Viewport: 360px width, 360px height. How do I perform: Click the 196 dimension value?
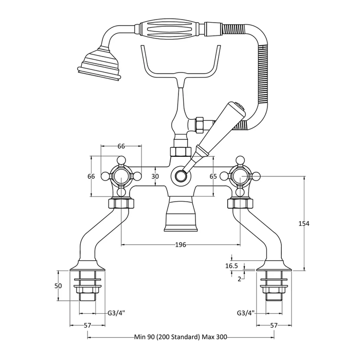(x=179, y=245)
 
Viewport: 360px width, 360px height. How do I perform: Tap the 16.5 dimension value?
(x=231, y=266)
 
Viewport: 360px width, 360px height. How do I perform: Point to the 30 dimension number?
(x=155, y=176)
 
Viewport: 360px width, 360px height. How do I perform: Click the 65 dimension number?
(x=213, y=176)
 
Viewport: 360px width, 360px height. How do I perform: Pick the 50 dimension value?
(x=58, y=286)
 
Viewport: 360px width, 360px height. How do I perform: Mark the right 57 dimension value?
(x=274, y=326)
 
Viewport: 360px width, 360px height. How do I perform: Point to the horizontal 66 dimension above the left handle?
(x=121, y=146)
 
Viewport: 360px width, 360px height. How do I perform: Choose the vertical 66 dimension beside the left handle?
(x=92, y=176)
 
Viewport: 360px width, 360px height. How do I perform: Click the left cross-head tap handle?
(x=121, y=176)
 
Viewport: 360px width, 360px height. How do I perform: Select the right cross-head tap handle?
(x=239, y=176)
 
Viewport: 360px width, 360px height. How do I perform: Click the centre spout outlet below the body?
(x=179, y=219)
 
